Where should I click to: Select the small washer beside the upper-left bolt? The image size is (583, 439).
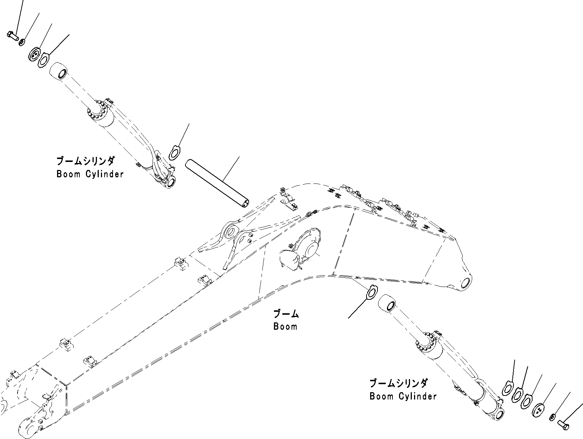pos(22,42)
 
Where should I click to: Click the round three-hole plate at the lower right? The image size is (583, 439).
pos(538,410)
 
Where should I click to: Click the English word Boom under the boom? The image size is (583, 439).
pos(285,326)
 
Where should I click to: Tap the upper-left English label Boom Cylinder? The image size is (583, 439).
pos(90,174)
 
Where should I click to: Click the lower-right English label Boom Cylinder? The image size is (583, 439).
pos(403,396)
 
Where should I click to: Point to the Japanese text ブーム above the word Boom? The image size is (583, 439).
pos(286,314)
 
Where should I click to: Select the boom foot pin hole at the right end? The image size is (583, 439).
pos(466,283)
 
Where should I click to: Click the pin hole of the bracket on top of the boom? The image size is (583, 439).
pos(231,232)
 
